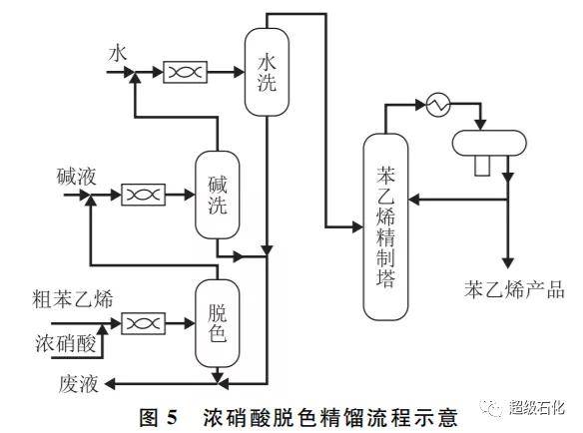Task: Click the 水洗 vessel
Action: pos(267,72)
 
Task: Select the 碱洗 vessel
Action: pos(218,195)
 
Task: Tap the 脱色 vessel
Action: pos(218,323)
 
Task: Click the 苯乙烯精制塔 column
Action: pos(385,226)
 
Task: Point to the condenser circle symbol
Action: pos(438,105)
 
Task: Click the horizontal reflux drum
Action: pos(489,143)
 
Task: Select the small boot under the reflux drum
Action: pos(482,166)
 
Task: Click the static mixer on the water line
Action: pos(185,72)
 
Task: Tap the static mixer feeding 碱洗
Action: pos(144,195)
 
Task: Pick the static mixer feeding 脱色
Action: pos(144,323)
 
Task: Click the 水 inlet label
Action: pos(118,54)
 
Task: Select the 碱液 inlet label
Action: pos(76,177)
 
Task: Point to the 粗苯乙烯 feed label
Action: pos(73,298)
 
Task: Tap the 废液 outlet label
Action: pos(79,384)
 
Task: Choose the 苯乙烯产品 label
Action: pos(514,289)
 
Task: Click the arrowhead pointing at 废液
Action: pos(110,383)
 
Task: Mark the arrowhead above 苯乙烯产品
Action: pos(508,263)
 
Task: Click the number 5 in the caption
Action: pos(172,417)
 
